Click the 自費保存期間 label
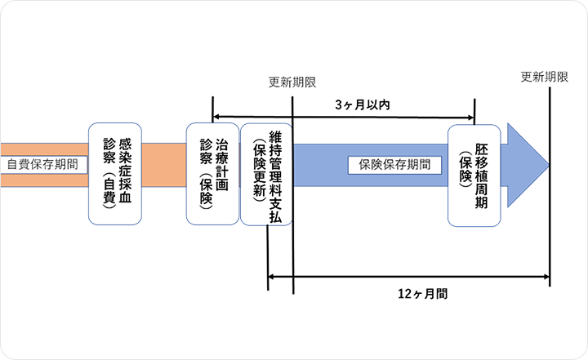[43, 163]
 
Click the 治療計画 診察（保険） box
[212, 174]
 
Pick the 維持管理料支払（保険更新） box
[265, 174]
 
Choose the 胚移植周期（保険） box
[473, 174]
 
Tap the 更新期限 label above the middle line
[292, 82]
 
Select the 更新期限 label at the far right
[545, 77]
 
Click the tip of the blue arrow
[547, 162]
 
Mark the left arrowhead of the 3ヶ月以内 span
[216, 117]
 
